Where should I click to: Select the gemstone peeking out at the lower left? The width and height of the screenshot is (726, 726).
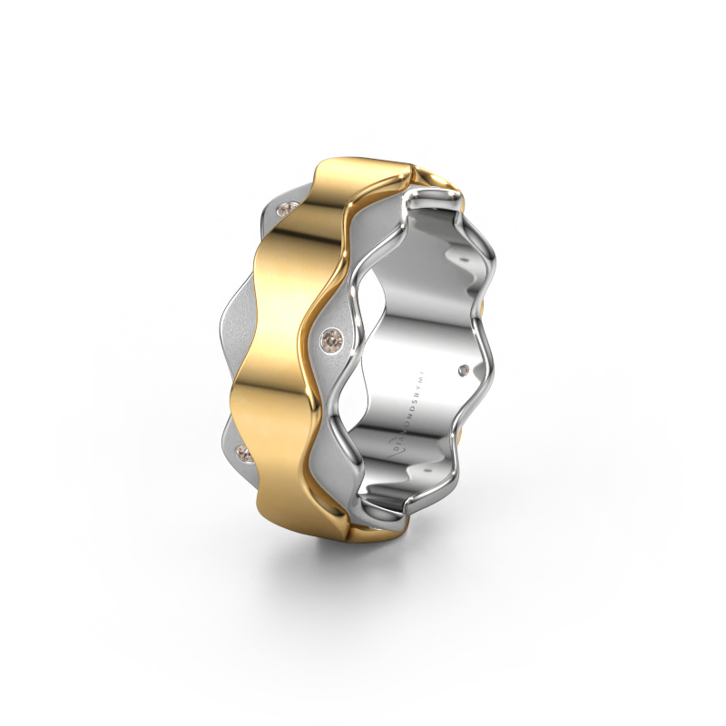click(242, 450)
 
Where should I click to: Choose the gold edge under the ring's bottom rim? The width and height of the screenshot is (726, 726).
click(363, 535)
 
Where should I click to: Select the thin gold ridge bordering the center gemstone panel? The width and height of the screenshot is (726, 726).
click(313, 299)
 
